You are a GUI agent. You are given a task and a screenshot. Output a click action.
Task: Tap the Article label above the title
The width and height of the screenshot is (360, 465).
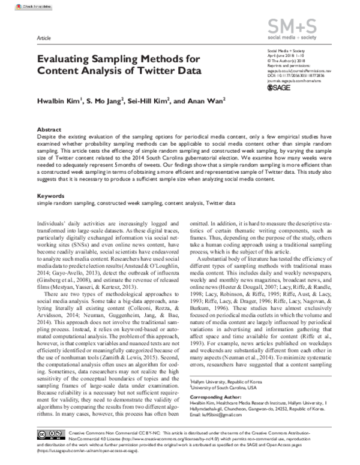pos(44,37)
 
